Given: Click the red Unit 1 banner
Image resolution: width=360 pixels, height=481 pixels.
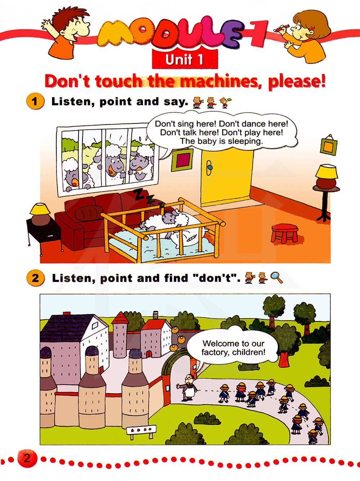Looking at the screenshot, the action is pos(185,59).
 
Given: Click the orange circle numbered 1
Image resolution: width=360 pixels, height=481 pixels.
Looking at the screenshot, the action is pos(35,101).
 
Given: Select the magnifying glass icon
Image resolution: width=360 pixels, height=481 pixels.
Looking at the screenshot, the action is pos(276,278).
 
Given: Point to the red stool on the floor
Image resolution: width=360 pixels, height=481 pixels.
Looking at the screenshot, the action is pos(284,233).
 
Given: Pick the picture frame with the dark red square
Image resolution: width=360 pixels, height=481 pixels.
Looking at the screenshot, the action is pos(182,160).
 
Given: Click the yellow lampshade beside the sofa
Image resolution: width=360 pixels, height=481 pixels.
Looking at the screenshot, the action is pos(40,208).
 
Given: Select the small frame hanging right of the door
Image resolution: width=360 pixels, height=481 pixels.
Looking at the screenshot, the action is pos(328,145).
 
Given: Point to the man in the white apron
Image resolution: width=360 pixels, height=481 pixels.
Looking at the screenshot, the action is pos(188,388).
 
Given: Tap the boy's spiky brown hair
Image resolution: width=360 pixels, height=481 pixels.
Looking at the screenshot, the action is pos(69,17).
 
